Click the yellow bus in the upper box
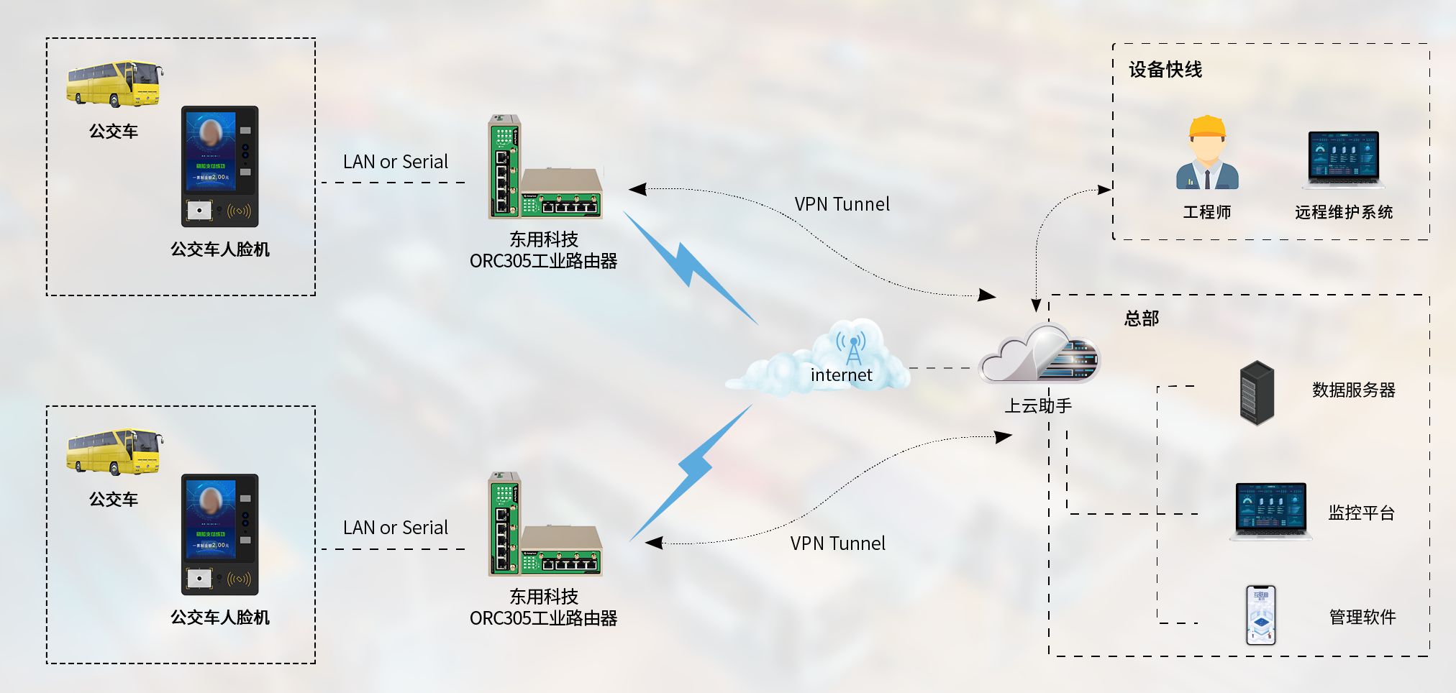click(114, 83)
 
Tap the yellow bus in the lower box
click(114, 451)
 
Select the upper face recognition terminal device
click(219, 166)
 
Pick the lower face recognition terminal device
click(219, 534)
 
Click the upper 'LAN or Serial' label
click(395, 162)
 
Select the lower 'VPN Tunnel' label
click(837, 543)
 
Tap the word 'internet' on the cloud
click(841, 375)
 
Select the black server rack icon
click(1257, 393)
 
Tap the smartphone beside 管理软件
click(1260, 615)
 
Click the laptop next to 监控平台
click(1270, 510)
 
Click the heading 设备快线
click(1165, 70)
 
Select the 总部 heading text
click(1142, 318)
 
